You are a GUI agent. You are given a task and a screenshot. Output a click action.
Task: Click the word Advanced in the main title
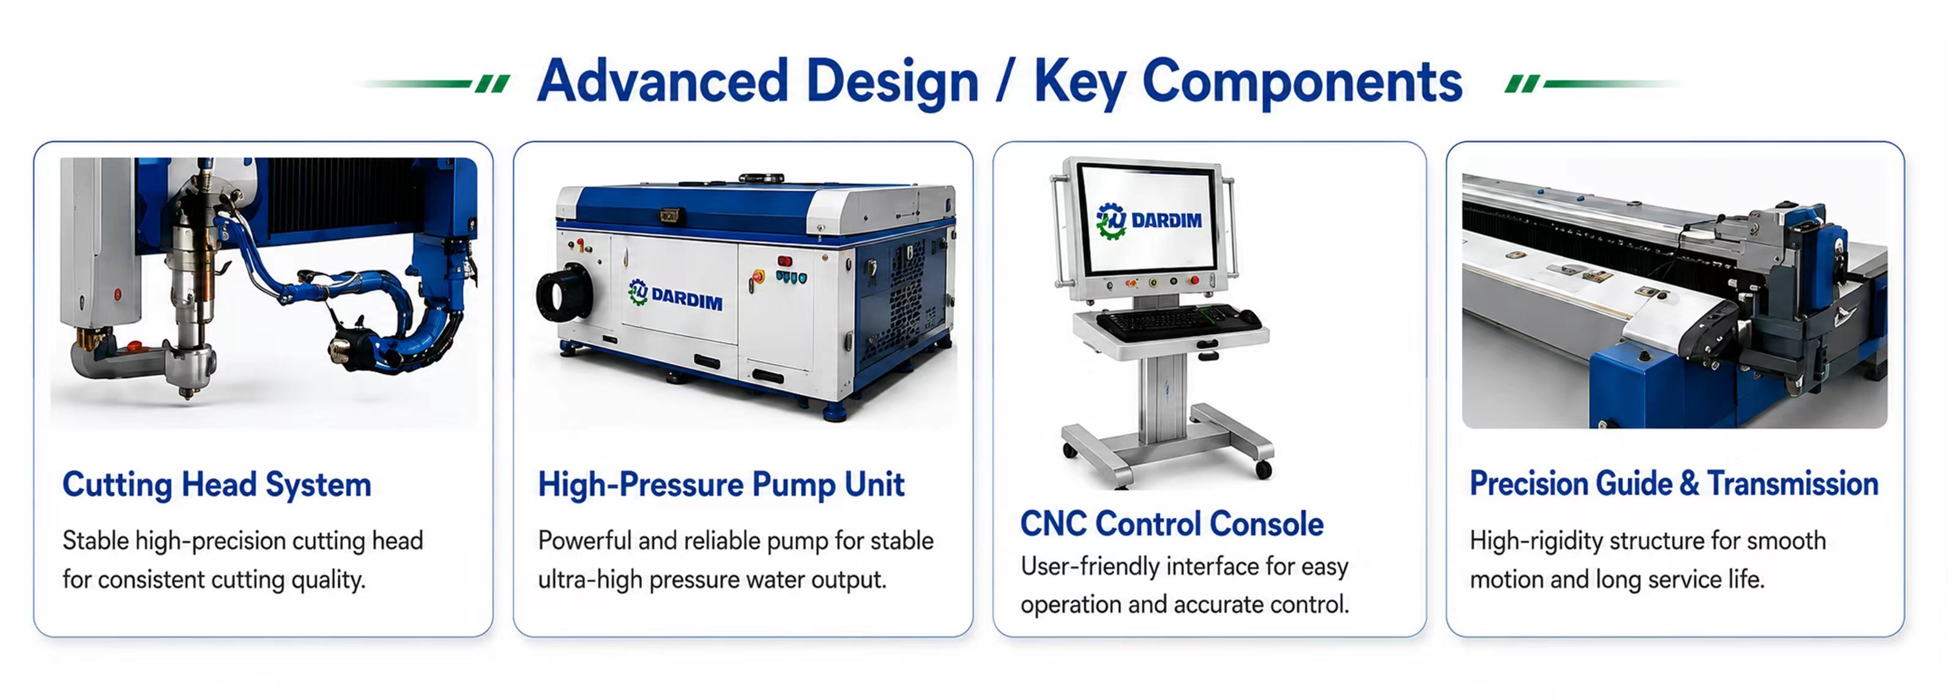pos(662,81)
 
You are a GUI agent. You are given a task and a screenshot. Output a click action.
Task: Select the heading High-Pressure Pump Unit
pos(721,485)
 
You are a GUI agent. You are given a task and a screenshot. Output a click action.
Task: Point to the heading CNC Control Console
pos(1171,524)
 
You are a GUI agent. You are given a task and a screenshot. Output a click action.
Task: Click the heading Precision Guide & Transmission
pos(1673,484)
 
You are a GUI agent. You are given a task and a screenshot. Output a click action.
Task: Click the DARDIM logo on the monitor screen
pos(1148,220)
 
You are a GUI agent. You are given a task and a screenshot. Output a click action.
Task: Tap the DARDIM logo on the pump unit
pos(675,295)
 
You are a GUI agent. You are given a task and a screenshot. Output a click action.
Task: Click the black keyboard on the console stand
pos(1178,322)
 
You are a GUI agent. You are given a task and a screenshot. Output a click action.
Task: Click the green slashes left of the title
pos(493,84)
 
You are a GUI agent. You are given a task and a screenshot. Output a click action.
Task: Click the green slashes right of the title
pos(1522,84)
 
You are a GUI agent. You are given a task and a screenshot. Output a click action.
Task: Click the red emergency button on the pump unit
pos(757,277)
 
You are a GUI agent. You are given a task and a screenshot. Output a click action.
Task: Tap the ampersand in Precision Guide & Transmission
pos(1689,484)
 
